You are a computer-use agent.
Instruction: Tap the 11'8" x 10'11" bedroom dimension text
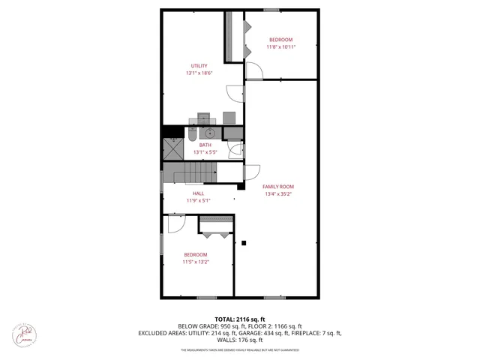click(x=281, y=47)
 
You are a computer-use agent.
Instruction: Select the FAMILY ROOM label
click(x=277, y=186)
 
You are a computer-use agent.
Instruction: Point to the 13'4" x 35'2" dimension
click(x=277, y=194)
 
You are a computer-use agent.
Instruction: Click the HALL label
click(x=198, y=193)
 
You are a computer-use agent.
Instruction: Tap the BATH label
click(x=205, y=145)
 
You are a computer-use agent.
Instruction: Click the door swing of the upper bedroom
click(x=254, y=72)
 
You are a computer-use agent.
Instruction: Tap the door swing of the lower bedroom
click(x=176, y=223)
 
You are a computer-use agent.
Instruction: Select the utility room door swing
click(x=236, y=92)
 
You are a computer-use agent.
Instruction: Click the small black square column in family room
click(x=244, y=242)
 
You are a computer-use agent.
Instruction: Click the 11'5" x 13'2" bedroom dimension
click(x=195, y=262)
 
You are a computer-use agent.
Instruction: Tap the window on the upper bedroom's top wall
click(x=271, y=10)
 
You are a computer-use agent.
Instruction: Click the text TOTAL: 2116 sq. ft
click(x=240, y=319)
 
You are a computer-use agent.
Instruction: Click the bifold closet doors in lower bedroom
click(x=216, y=232)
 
